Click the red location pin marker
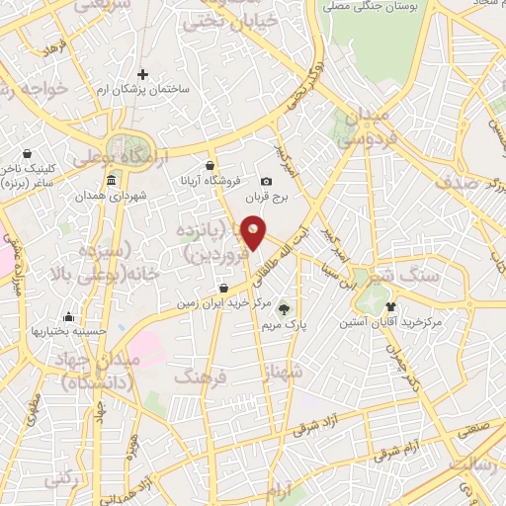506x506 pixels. pyautogui.click(x=254, y=234)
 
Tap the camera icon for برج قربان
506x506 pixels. pyautogui.click(x=266, y=182)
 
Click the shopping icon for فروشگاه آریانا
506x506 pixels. pyautogui.click(x=210, y=165)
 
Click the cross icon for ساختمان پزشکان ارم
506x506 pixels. pyautogui.click(x=143, y=74)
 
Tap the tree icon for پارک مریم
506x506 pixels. pyautogui.click(x=284, y=309)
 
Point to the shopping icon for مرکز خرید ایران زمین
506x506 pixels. pyautogui.click(x=224, y=289)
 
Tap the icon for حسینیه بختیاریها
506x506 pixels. pyautogui.click(x=68, y=317)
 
